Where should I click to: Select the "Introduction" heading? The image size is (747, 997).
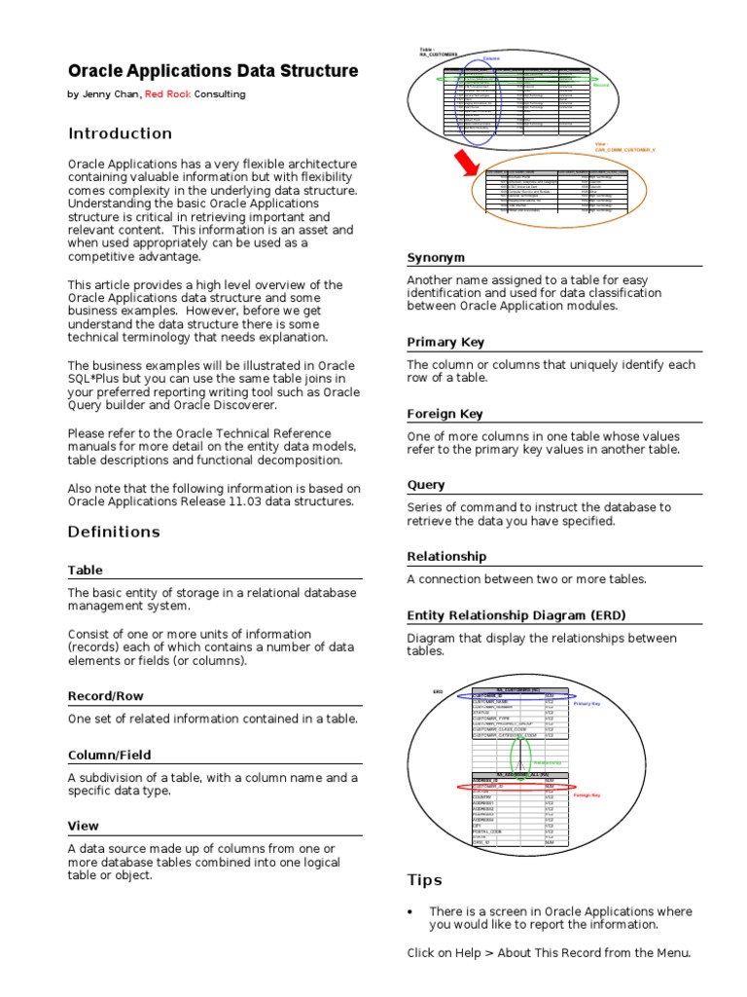tap(120, 133)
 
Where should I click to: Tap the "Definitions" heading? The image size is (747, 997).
tap(114, 532)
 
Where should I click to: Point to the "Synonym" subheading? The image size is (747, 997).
tap(436, 257)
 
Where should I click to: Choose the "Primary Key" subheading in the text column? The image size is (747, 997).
tap(445, 343)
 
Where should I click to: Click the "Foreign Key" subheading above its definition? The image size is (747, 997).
tap(445, 414)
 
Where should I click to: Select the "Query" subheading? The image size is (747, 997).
tap(426, 485)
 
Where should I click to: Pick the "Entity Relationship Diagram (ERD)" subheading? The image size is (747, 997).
tap(516, 615)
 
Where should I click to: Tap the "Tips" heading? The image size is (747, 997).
tap(424, 880)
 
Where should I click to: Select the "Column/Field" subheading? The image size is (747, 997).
tap(109, 755)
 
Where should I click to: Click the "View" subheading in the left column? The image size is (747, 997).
tap(84, 826)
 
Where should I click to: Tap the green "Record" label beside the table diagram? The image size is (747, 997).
tap(600, 86)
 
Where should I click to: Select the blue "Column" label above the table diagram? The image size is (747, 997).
tap(491, 59)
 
